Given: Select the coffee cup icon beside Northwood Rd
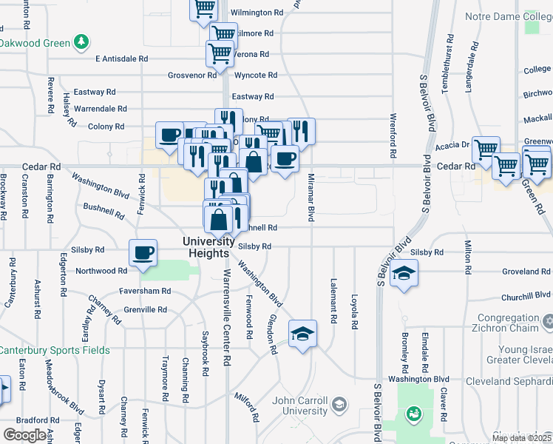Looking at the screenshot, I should pos(143,252).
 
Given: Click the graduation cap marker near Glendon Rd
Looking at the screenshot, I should pos(302,334).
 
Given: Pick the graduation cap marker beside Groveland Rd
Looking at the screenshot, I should pos(403,274).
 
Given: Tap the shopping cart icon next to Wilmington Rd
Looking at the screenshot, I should pos(203,9).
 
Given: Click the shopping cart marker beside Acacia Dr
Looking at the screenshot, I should pos(485,149).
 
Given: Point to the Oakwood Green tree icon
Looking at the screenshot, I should pos(81,42).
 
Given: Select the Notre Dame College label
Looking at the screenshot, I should pos(508,16).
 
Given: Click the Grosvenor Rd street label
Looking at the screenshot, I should pos(192,75).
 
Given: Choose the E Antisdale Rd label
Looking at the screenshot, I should pos(122,58).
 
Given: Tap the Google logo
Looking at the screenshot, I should pos(24,434).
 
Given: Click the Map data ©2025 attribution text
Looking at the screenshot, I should pos(520,438).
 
